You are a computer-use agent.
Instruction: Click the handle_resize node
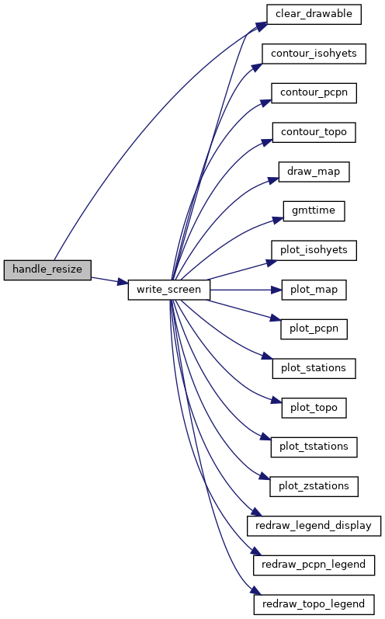pos(47,270)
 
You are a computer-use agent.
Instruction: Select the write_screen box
pos(169,290)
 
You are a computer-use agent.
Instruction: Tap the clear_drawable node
pos(314,14)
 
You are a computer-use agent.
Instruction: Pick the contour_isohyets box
pos(314,54)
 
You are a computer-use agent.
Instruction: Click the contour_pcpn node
pos(314,93)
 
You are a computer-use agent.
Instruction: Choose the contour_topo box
pos(314,132)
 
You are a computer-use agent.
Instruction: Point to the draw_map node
pos(314,172)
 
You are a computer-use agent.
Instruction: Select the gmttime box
pos(314,211)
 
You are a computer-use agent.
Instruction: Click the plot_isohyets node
pos(314,250)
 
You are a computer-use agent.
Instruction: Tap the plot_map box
pos(314,290)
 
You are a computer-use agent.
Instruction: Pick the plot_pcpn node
pos(314,329)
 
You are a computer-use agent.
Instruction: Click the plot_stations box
pos(314,368)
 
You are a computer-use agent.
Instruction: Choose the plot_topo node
pos(314,408)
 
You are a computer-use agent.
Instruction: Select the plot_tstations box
pos(314,447)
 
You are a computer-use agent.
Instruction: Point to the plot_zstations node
pos(314,486)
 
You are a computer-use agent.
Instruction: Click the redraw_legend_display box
pos(314,526)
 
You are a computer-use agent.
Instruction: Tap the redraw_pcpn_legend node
pos(314,565)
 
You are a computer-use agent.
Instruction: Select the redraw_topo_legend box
pos(314,604)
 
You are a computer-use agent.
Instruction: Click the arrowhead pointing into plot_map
pos(276,290)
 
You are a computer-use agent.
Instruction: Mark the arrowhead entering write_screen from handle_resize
pos(123,282)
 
